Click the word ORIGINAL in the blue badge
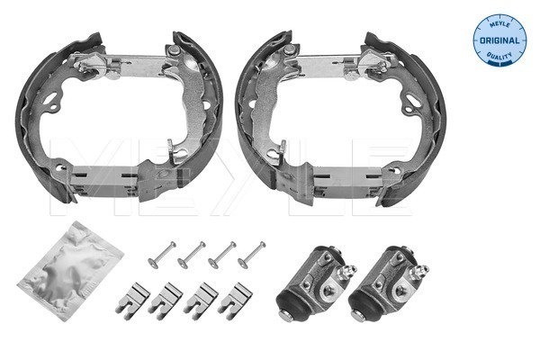point(499,40)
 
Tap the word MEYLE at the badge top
point(499,23)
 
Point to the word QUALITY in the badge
point(499,56)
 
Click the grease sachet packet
point(70,270)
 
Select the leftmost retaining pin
point(162,255)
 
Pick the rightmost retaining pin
point(251,255)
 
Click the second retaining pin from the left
point(192,255)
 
